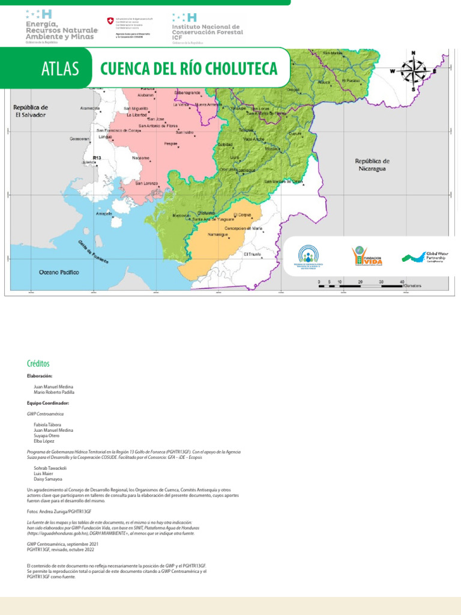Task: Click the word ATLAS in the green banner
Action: click(61, 69)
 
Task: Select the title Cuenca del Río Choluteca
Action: click(189, 68)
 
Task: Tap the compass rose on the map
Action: click(413, 71)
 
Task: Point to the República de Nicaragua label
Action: click(372, 165)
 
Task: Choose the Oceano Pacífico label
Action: click(59, 272)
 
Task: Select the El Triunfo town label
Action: click(253, 254)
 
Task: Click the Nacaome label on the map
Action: click(141, 158)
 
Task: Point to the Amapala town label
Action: click(104, 213)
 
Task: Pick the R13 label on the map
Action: click(97, 157)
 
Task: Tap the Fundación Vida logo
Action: click(367, 255)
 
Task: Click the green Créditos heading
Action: click(38, 364)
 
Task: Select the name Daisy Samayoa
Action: click(48, 479)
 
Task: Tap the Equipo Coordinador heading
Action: click(48, 403)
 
